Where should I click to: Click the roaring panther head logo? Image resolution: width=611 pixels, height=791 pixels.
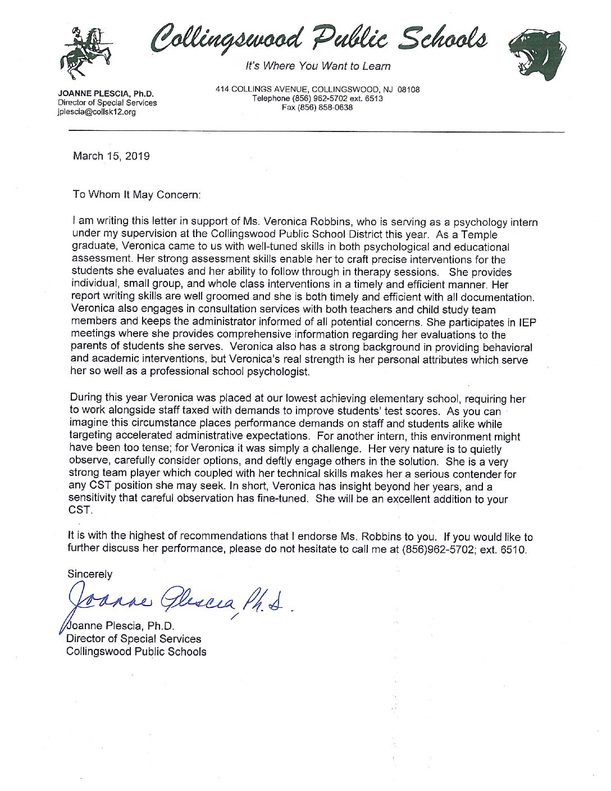click(x=536, y=56)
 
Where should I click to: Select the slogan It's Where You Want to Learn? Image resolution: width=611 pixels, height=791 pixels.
click(x=318, y=66)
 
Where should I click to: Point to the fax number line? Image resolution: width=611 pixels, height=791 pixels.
click(x=317, y=107)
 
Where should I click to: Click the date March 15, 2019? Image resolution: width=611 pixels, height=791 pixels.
click(x=111, y=156)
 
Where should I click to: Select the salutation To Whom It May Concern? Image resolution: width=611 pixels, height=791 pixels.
click(x=136, y=194)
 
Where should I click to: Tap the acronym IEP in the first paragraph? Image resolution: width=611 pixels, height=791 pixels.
click(x=527, y=322)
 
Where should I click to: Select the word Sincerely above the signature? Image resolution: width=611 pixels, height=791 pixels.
click(x=90, y=574)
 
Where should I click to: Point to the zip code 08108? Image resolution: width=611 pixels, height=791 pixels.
click(x=408, y=89)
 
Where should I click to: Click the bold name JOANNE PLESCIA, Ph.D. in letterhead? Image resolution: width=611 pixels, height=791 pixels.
click(x=106, y=94)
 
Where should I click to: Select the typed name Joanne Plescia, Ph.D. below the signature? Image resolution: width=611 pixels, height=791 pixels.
click(x=121, y=626)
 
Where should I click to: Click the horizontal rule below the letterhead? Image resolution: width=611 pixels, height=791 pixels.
click(x=316, y=131)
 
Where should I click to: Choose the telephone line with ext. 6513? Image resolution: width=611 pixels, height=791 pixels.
click(x=317, y=98)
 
